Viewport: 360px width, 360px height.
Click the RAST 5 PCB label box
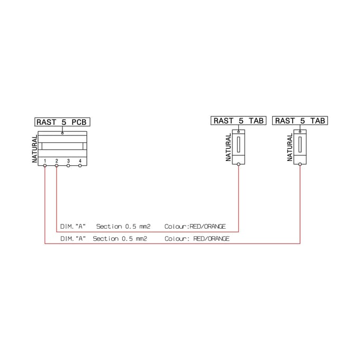tap(62, 122)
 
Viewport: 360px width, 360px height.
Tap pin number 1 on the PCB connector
tap(45, 161)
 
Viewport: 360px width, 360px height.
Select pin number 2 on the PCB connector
tap(57, 161)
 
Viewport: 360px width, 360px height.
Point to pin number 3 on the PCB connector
tap(68, 161)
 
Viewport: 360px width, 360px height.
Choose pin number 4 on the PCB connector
tap(80, 161)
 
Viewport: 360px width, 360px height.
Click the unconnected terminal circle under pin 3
tap(68, 166)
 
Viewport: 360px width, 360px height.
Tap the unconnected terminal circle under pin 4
tap(80, 166)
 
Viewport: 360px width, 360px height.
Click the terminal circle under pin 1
tap(45, 166)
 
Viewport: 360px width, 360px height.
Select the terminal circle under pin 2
tap(57, 166)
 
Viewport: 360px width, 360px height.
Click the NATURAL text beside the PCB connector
tap(34, 149)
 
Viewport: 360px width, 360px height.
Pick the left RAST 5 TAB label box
tap(239, 121)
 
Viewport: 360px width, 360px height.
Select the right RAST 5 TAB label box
tap(300, 121)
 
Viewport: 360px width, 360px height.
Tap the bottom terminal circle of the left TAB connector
tap(239, 164)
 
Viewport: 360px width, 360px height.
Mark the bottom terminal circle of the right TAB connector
tap(300, 164)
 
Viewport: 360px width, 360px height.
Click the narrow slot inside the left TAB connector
tap(239, 145)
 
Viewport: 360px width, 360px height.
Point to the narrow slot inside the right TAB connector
tap(300, 145)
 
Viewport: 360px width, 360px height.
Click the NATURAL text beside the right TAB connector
tap(290, 147)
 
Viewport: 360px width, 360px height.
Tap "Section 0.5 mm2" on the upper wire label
tap(123, 227)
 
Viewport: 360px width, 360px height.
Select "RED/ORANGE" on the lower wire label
tap(211, 239)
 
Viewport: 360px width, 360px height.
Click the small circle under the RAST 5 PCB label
tap(62, 133)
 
